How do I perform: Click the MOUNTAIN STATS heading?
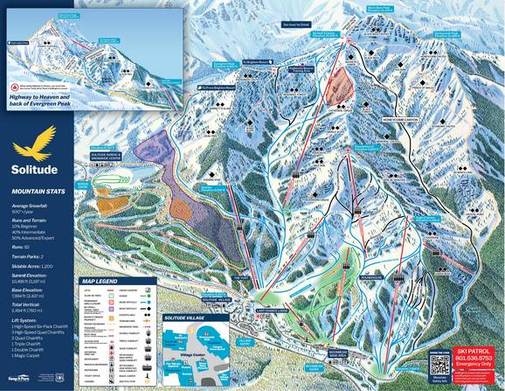point(37,190)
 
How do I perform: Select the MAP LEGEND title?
point(99,281)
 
